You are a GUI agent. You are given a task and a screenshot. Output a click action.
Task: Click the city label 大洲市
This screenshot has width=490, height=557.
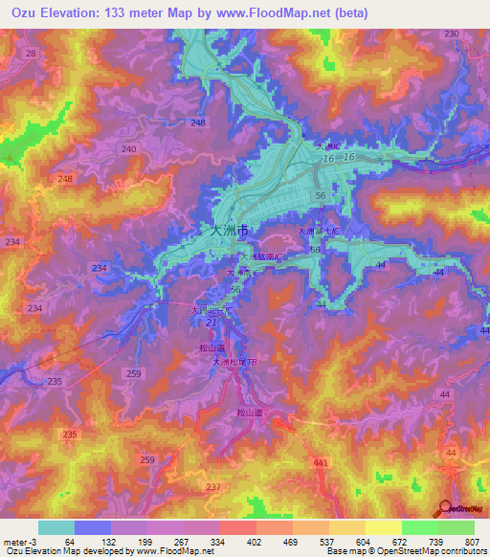(x=229, y=231)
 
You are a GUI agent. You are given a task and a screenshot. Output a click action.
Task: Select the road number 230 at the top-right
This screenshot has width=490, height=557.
(x=452, y=33)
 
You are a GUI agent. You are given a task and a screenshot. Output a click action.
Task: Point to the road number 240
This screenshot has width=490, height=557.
(x=130, y=149)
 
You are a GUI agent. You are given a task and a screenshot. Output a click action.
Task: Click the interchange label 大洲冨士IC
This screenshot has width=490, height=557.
(x=319, y=232)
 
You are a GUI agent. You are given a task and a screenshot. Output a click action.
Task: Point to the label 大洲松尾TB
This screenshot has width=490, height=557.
(x=234, y=363)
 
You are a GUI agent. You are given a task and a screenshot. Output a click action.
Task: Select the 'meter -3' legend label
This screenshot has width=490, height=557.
(x=18, y=543)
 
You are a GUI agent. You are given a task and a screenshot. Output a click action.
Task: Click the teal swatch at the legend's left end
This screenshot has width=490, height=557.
(x=56, y=527)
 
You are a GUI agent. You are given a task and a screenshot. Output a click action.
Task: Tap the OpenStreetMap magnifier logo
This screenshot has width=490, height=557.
(x=444, y=509)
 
